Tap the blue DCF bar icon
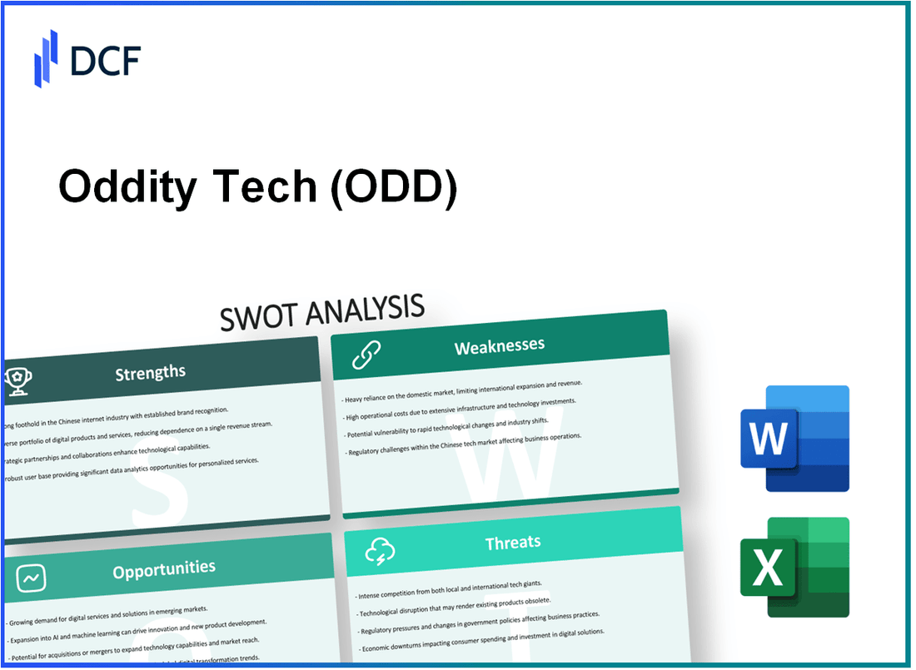[x=46, y=58]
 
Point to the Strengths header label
[x=150, y=373]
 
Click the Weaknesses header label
[x=500, y=346]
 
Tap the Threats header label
[x=513, y=543]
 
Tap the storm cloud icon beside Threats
[x=380, y=551]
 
